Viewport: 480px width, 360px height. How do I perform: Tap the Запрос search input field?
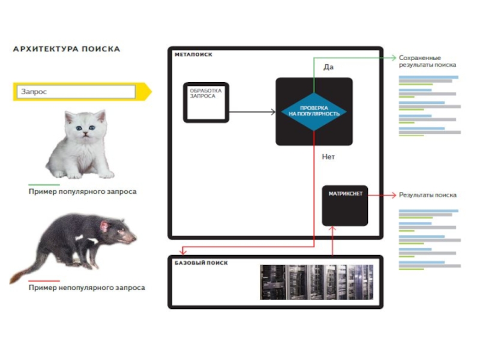pos(77,92)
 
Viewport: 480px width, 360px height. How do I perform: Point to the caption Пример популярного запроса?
pos(82,191)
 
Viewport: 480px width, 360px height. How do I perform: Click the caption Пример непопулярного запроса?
pos(86,287)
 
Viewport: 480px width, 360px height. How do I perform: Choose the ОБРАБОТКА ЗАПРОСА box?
pos(206,102)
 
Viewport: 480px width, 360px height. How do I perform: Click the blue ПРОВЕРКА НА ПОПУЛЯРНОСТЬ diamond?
pos(314,112)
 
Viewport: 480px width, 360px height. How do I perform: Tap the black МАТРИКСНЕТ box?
pos(345,204)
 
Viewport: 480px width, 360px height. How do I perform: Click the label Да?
pos(328,67)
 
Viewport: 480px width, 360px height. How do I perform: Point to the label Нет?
pos(328,157)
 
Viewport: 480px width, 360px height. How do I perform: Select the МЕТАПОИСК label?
pos(193,55)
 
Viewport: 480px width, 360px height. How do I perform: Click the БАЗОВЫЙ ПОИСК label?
pos(201,263)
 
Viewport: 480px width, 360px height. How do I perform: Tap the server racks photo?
pos(316,282)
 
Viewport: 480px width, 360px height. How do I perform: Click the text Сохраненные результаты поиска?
pos(427,61)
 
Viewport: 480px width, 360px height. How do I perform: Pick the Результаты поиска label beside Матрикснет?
pos(428,195)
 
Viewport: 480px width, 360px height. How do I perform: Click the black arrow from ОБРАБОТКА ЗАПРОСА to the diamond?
pos(252,112)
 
